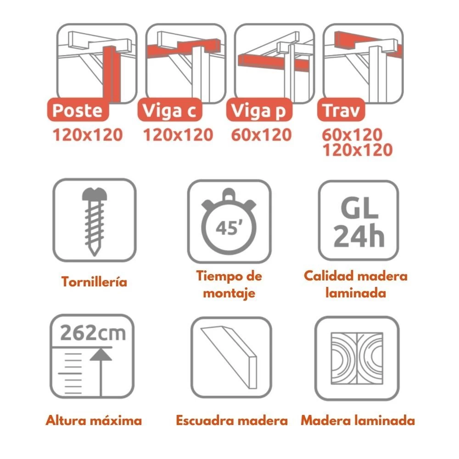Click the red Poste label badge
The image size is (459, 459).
click(x=78, y=110)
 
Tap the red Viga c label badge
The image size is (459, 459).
click(x=170, y=110)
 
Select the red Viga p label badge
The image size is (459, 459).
click(x=259, y=110)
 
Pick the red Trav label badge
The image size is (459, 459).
click(x=341, y=110)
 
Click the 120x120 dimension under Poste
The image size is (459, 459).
click(x=88, y=135)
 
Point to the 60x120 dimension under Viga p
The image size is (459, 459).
click(x=262, y=135)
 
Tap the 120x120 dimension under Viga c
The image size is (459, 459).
click(x=178, y=135)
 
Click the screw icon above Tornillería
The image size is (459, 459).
click(x=94, y=222)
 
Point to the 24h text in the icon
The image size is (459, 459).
click(x=359, y=236)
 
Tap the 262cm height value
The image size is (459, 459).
click(x=93, y=333)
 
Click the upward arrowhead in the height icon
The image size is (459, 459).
click(x=101, y=354)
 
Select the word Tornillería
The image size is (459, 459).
click(x=94, y=282)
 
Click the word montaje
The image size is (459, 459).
click(x=229, y=293)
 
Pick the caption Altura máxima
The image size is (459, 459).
click(x=94, y=420)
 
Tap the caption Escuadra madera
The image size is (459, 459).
click(x=232, y=420)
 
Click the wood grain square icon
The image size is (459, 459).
click(x=357, y=358)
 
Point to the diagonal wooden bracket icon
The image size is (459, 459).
click(x=229, y=357)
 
